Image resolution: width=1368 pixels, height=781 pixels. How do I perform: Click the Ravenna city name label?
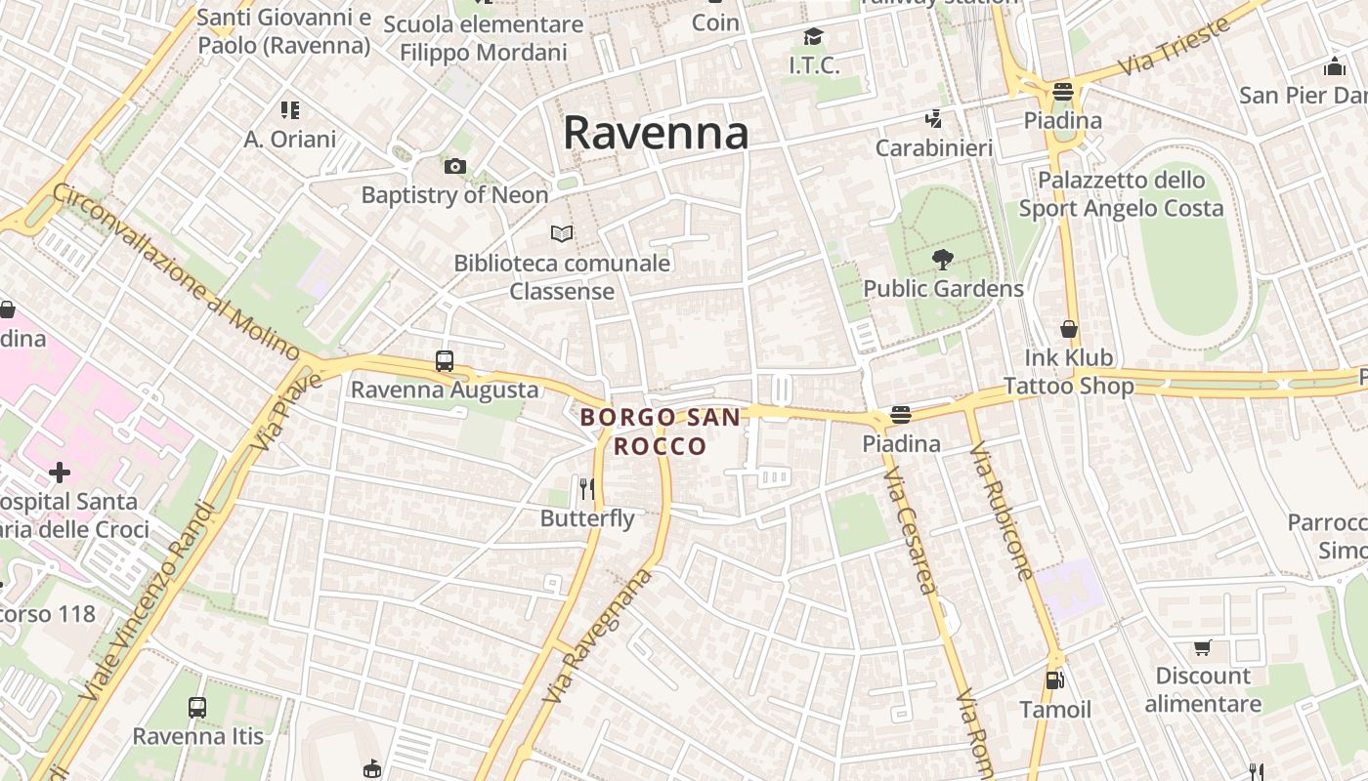tap(656, 133)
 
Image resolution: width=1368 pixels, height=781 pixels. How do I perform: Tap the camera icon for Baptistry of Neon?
tap(454, 167)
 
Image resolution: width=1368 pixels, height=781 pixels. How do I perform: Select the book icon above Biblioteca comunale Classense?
tap(562, 233)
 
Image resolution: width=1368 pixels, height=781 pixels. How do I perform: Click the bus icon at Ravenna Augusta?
tap(445, 361)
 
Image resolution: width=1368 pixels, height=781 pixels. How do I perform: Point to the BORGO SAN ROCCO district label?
tap(660, 432)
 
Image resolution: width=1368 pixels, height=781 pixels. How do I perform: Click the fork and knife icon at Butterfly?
tap(586, 488)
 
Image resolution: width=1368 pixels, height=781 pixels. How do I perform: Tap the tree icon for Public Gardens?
tap(943, 260)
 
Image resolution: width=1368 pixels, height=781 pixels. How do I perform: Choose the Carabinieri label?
tap(934, 148)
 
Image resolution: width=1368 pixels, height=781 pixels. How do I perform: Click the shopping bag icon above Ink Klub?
tap(1069, 329)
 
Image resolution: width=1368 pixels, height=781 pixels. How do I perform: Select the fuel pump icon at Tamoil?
tap(1054, 679)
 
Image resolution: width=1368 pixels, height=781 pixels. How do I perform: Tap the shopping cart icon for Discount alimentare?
tap(1203, 647)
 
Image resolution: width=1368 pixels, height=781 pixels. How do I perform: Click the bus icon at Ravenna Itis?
tap(197, 707)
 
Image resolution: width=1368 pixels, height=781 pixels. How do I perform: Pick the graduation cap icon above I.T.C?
tap(813, 38)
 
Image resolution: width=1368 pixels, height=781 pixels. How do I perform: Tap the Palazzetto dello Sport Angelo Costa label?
tap(1121, 194)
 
